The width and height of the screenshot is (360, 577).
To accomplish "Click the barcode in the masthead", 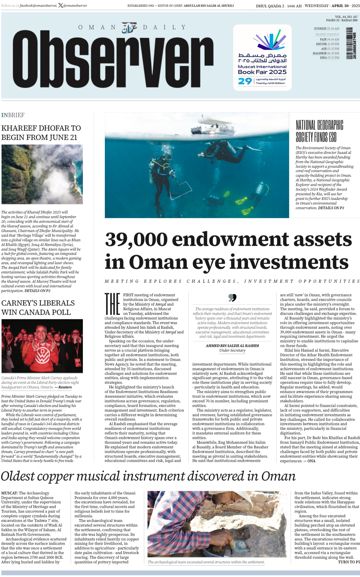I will click(349, 43).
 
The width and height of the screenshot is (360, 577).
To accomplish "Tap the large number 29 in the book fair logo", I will click(245, 81).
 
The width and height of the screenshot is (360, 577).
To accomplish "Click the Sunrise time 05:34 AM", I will click(333, 28).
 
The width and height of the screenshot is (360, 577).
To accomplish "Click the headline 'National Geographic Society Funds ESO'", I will click(319, 131).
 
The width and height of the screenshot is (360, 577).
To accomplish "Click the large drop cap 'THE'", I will click(112, 304).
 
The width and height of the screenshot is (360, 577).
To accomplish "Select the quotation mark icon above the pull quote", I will click(232, 298).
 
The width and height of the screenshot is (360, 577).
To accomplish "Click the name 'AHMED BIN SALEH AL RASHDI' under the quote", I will click(232, 346).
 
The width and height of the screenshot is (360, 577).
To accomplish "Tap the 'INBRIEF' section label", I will click(13, 115).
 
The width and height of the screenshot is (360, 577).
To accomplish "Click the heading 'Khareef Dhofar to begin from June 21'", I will click(41, 133).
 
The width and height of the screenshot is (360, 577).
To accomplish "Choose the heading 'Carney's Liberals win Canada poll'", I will click(38, 308).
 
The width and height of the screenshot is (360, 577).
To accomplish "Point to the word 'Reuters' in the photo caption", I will click(65, 387).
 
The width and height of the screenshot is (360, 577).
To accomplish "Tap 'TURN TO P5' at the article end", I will click(349, 562).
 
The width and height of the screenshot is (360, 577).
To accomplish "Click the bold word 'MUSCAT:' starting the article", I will click(10, 493).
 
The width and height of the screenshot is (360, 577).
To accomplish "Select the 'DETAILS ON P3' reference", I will click(331, 208).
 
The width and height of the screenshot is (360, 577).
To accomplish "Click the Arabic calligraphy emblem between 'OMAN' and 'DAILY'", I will click(129, 28).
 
